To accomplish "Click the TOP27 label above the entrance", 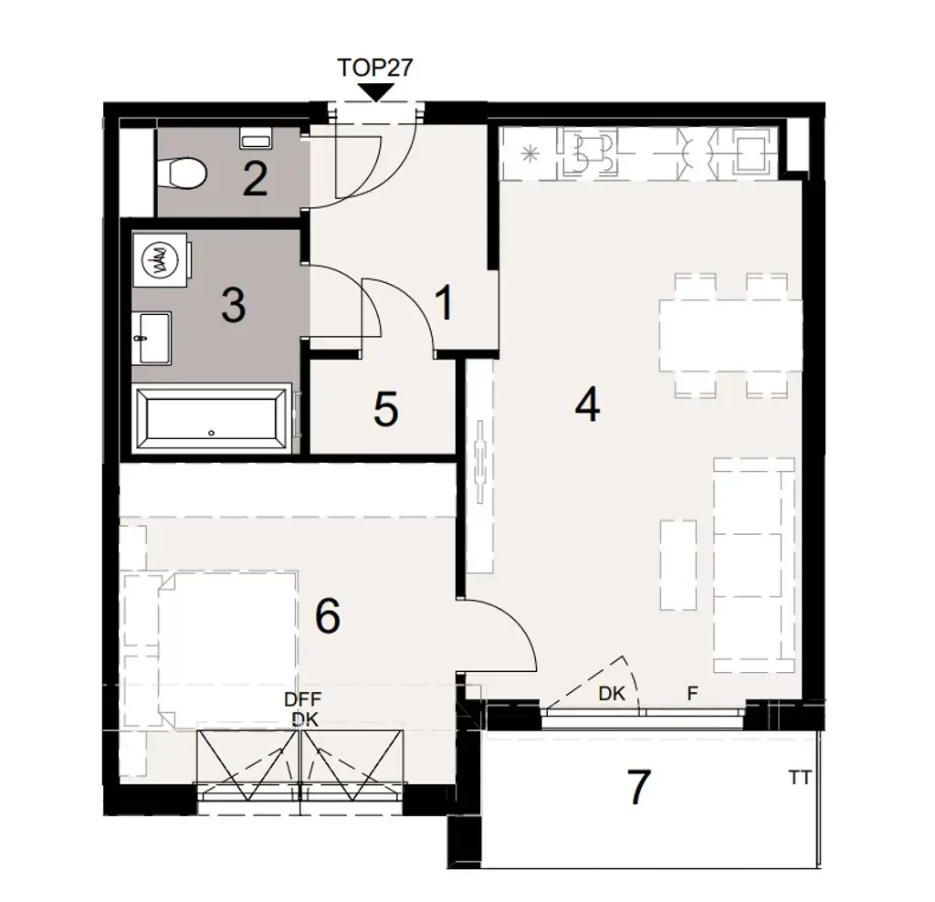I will (376, 69).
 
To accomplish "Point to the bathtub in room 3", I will (212, 418).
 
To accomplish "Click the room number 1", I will (444, 303).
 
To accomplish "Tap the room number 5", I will (385, 410).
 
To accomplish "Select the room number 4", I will (587, 404).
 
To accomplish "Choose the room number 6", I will (327, 617).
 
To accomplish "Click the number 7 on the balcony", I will (639, 787).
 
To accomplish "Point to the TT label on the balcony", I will (801, 779).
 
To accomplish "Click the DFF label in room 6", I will (303, 699).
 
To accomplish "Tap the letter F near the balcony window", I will (692, 694).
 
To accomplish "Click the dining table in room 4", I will (730, 336).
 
